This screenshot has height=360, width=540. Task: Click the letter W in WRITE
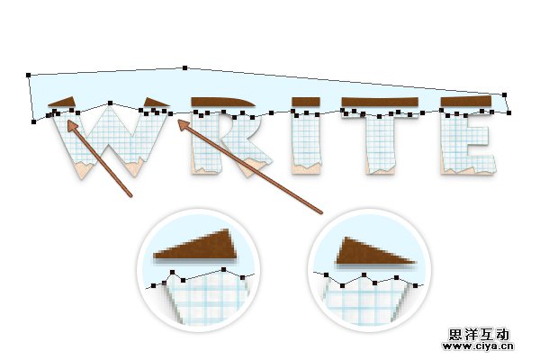[110, 141]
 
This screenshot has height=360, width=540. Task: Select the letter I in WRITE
[307, 142]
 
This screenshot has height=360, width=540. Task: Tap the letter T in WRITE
[380, 142]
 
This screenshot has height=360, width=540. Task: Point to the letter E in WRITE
[468, 143]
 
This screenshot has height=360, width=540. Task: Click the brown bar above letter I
[306, 102]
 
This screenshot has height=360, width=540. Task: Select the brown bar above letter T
[380, 102]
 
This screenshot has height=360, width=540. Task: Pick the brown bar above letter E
[466, 102]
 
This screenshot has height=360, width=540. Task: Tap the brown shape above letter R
[223, 102]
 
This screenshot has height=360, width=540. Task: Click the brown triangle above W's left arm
[63, 102]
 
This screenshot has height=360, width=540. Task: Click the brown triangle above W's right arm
[155, 102]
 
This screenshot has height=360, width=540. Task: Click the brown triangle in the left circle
[196, 246]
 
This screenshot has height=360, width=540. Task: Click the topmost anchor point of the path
[184, 67]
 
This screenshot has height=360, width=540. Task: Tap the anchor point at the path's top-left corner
[28, 75]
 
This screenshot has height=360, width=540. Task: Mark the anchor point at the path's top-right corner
[505, 94]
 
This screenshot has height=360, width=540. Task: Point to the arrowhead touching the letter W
[73, 126]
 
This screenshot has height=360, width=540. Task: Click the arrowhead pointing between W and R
[184, 125]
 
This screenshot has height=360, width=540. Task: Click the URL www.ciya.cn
[478, 346]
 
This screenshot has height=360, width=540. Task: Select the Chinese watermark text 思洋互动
[479, 335]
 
